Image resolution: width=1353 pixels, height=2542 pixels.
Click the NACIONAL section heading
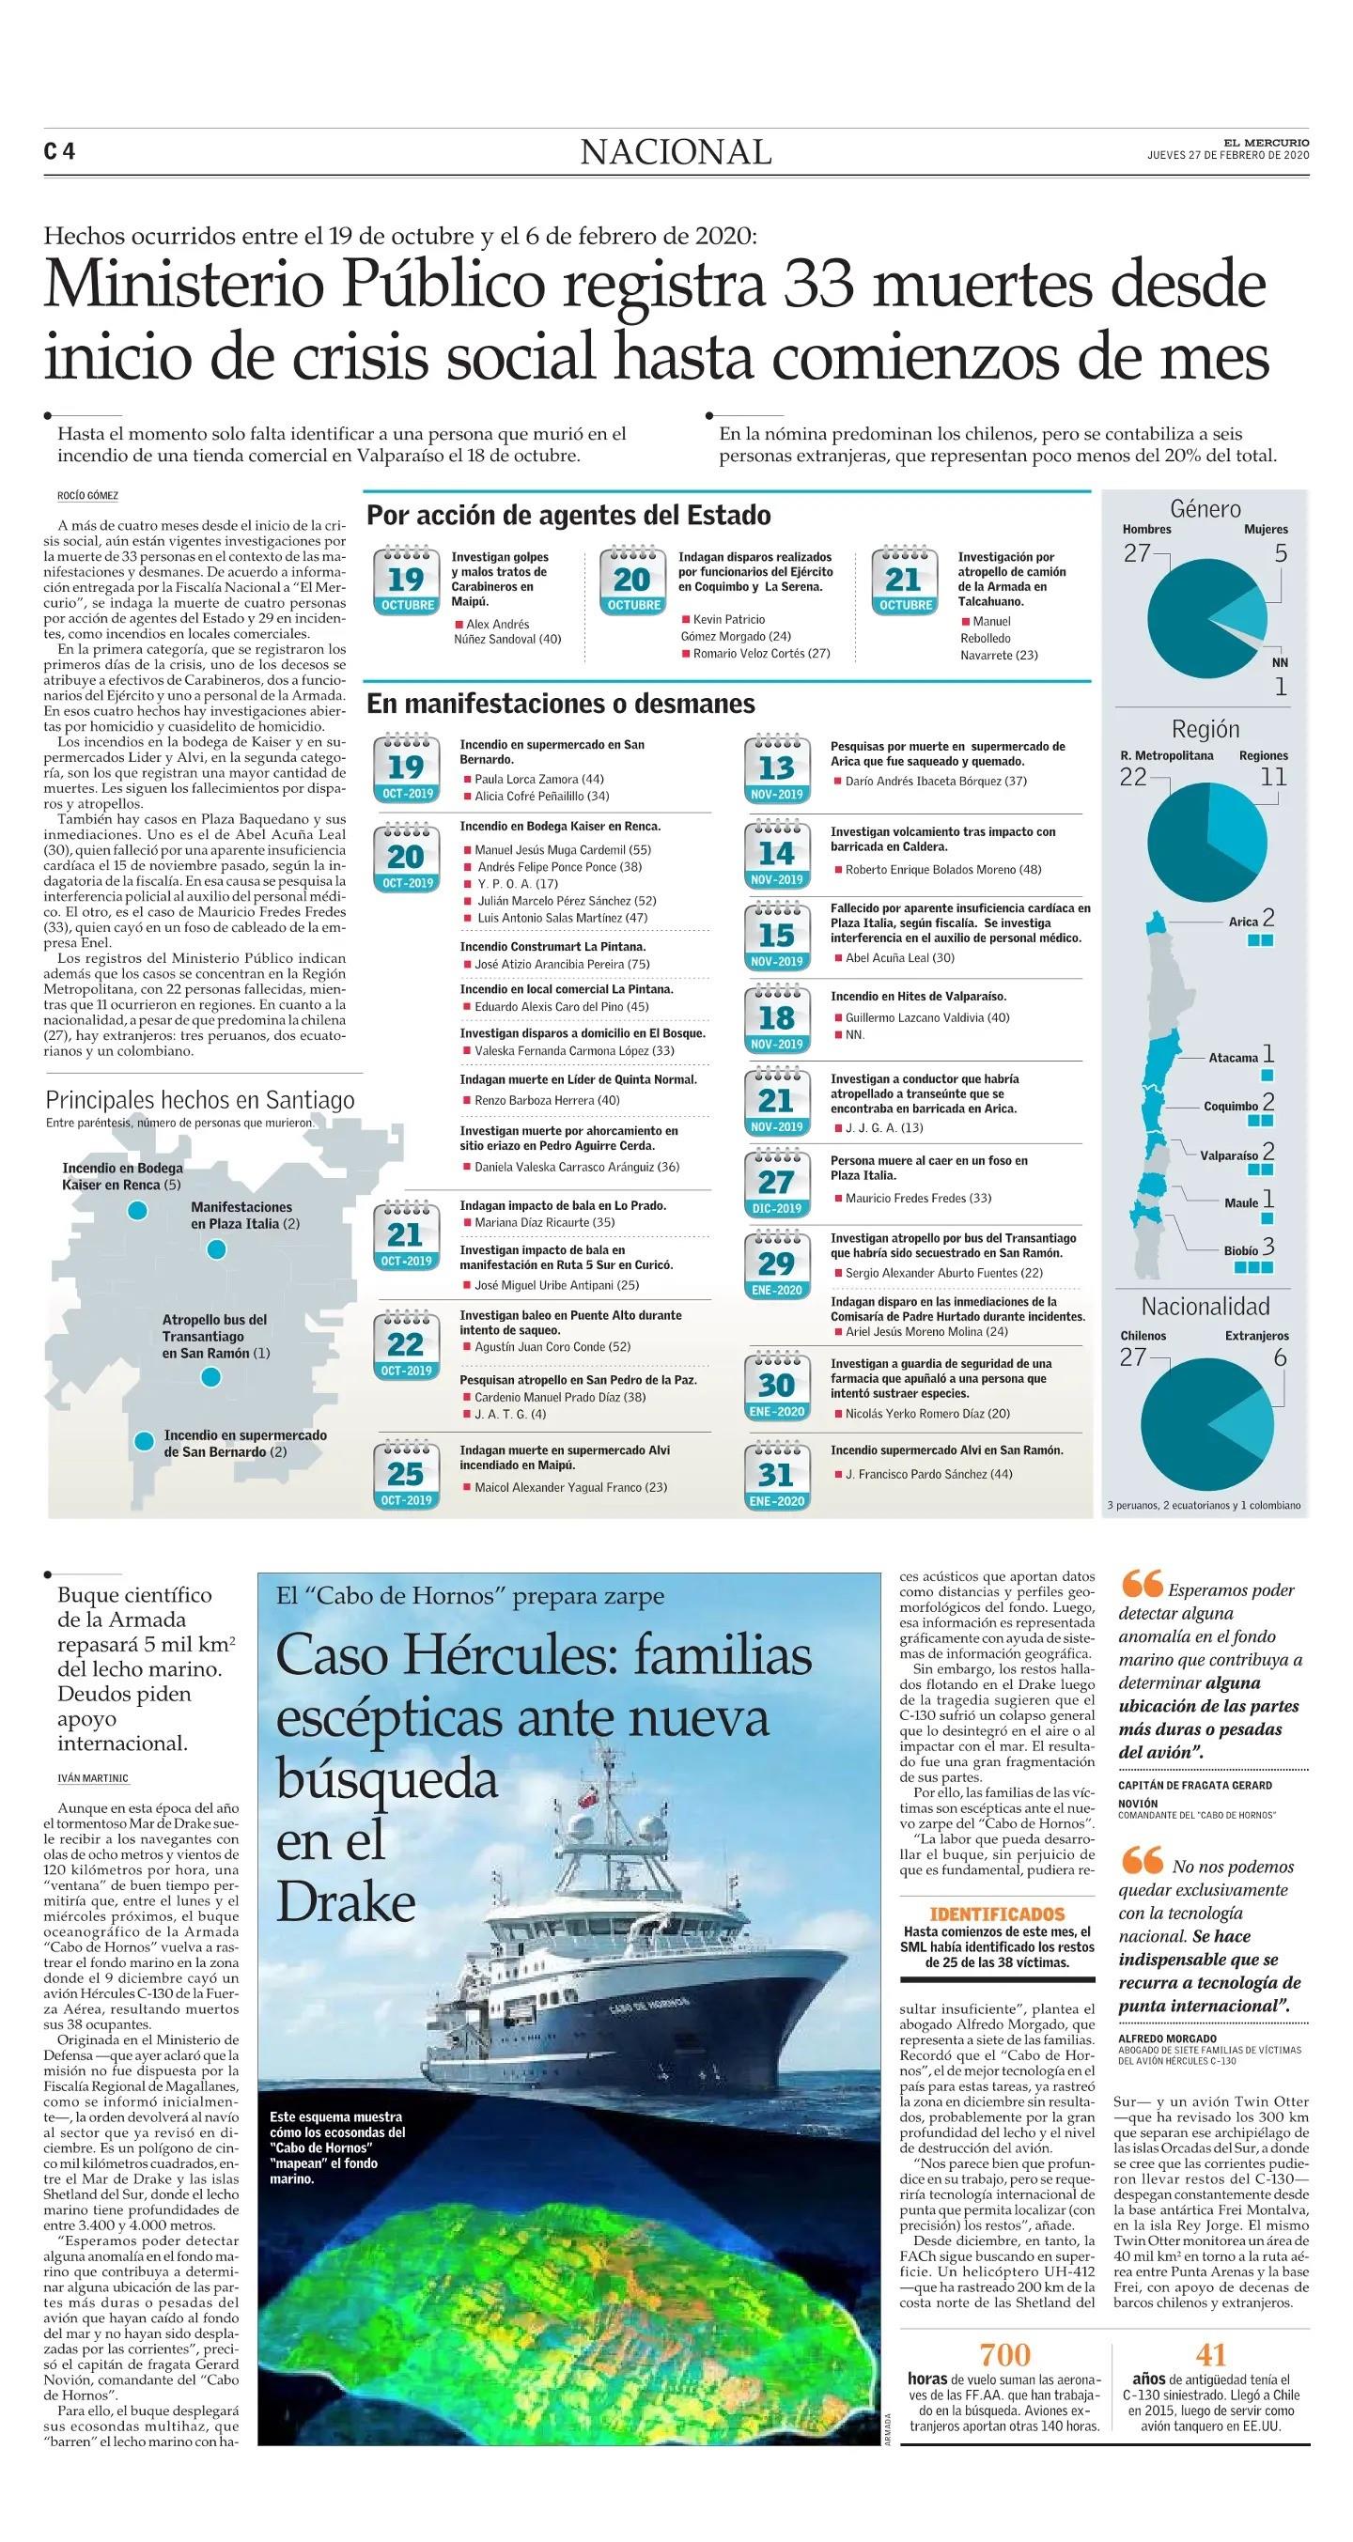pyautogui.click(x=676, y=152)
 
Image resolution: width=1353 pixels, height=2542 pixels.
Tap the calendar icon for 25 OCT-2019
pyautogui.click(x=406, y=1475)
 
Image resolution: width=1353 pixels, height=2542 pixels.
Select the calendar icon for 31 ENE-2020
pyautogui.click(x=777, y=1475)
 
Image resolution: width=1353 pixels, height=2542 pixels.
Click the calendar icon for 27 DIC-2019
pyautogui.click(x=777, y=1182)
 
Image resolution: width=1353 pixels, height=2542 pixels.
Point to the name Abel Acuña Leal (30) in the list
pyautogui.click(x=899, y=957)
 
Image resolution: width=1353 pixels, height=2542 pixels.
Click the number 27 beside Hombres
pyautogui.click(x=1138, y=552)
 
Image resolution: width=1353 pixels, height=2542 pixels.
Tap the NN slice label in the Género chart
pyautogui.click(x=1280, y=662)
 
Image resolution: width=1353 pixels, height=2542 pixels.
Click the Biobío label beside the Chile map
pyautogui.click(x=1240, y=1250)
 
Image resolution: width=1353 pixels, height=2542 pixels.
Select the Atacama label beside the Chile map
pyautogui.click(x=1233, y=1057)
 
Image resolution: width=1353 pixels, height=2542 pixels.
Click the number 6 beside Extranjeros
pyautogui.click(x=1280, y=1356)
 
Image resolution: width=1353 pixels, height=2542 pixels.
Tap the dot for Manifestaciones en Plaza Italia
pyautogui.click(x=216, y=1249)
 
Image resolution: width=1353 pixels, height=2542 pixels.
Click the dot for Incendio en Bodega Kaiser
pyautogui.click(x=137, y=1210)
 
